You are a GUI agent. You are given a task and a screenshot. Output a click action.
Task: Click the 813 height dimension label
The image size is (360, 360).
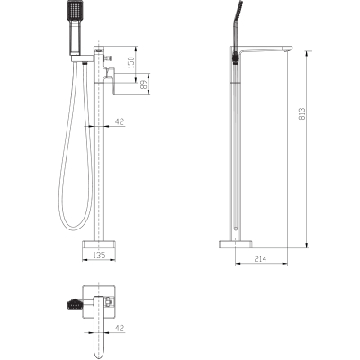[x=302, y=114]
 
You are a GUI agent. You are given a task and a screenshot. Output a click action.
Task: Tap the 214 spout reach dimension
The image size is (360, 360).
[x=260, y=258]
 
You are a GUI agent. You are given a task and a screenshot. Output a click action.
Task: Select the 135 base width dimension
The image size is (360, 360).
[x=99, y=256]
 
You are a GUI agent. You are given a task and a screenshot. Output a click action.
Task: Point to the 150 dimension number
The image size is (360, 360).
[x=131, y=63]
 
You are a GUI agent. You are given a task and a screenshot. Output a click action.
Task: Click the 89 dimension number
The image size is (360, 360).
[x=144, y=85]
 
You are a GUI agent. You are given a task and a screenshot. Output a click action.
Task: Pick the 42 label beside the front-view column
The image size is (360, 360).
[x=120, y=121]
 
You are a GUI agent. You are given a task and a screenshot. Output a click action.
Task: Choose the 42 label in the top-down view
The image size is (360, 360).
[x=120, y=328]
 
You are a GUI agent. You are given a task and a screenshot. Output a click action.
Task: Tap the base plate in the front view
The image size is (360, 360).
[x=99, y=246]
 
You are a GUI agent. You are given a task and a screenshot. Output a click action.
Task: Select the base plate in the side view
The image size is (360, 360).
[x=236, y=245]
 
